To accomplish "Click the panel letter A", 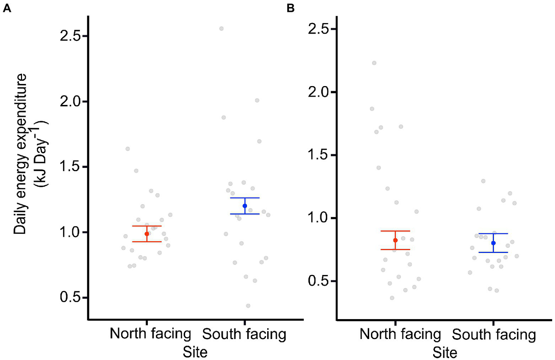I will pyautogui.click(x=7, y=8).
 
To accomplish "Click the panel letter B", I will pyautogui.click(x=291, y=8).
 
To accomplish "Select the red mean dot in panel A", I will pyautogui.click(x=147, y=234).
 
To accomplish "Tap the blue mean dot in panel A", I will pyautogui.click(x=245, y=206).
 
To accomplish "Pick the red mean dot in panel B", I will pyautogui.click(x=395, y=240).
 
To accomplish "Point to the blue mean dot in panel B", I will pyautogui.click(x=493, y=243).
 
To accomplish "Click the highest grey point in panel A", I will pyautogui.click(x=221, y=29).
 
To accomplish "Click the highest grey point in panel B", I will pyautogui.click(x=374, y=63).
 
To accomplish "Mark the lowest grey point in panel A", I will pyautogui.click(x=248, y=306).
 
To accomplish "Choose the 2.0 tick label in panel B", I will pyautogui.click(x=319, y=92).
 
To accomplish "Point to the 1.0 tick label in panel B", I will pyautogui.click(x=319, y=218).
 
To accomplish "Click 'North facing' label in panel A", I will pyautogui.click(x=150, y=334).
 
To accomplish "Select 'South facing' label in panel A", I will pyautogui.click(x=244, y=334).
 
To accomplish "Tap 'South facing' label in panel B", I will pyautogui.click(x=494, y=335).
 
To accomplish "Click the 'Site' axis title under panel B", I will pyautogui.click(x=445, y=352).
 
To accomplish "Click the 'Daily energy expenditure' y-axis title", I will pyautogui.click(x=21, y=154).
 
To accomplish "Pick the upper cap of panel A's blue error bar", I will pyautogui.click(x=245, y=198).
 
